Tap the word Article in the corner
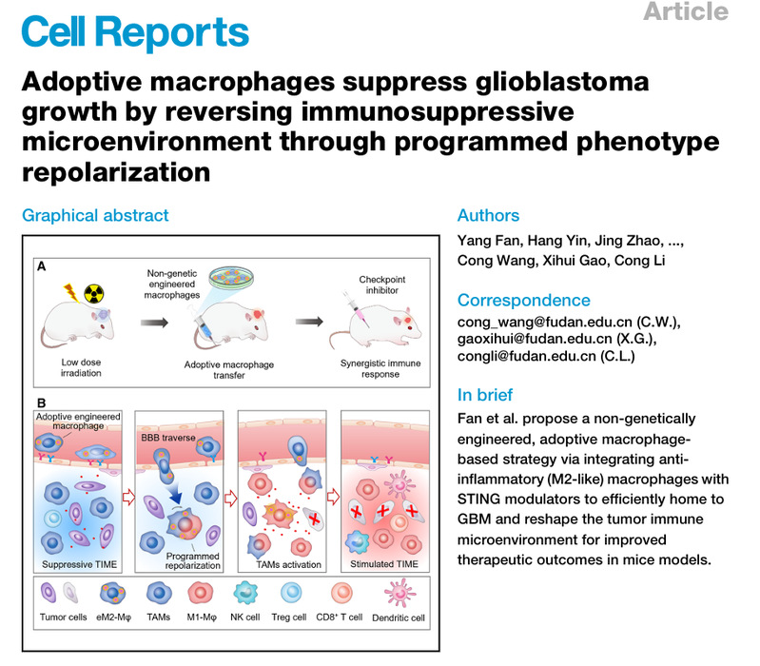point(685,12)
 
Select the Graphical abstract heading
point(95,216)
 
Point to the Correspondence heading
point(523,300)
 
